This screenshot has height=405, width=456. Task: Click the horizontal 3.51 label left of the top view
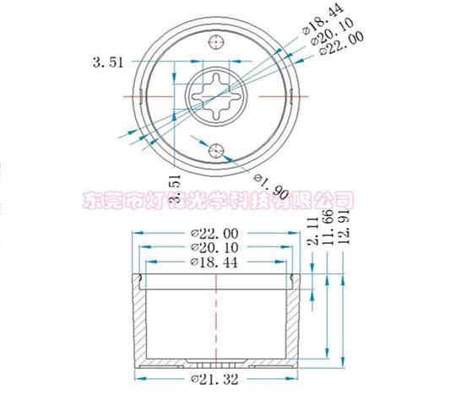pyautogui.click(x=106, y=61)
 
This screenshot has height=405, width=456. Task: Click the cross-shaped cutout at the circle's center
pyautogui.click(x=218, y=96)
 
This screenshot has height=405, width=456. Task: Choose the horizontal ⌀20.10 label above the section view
pyautogui.click(x=215, y=248)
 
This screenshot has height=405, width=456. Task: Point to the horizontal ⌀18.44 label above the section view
pyautogui.click(x=215, y=263)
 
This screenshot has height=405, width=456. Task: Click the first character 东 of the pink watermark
pyautogui.click(x=91, y=200)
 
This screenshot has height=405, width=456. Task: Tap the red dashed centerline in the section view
pyautogui.click(x=217, y=321)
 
